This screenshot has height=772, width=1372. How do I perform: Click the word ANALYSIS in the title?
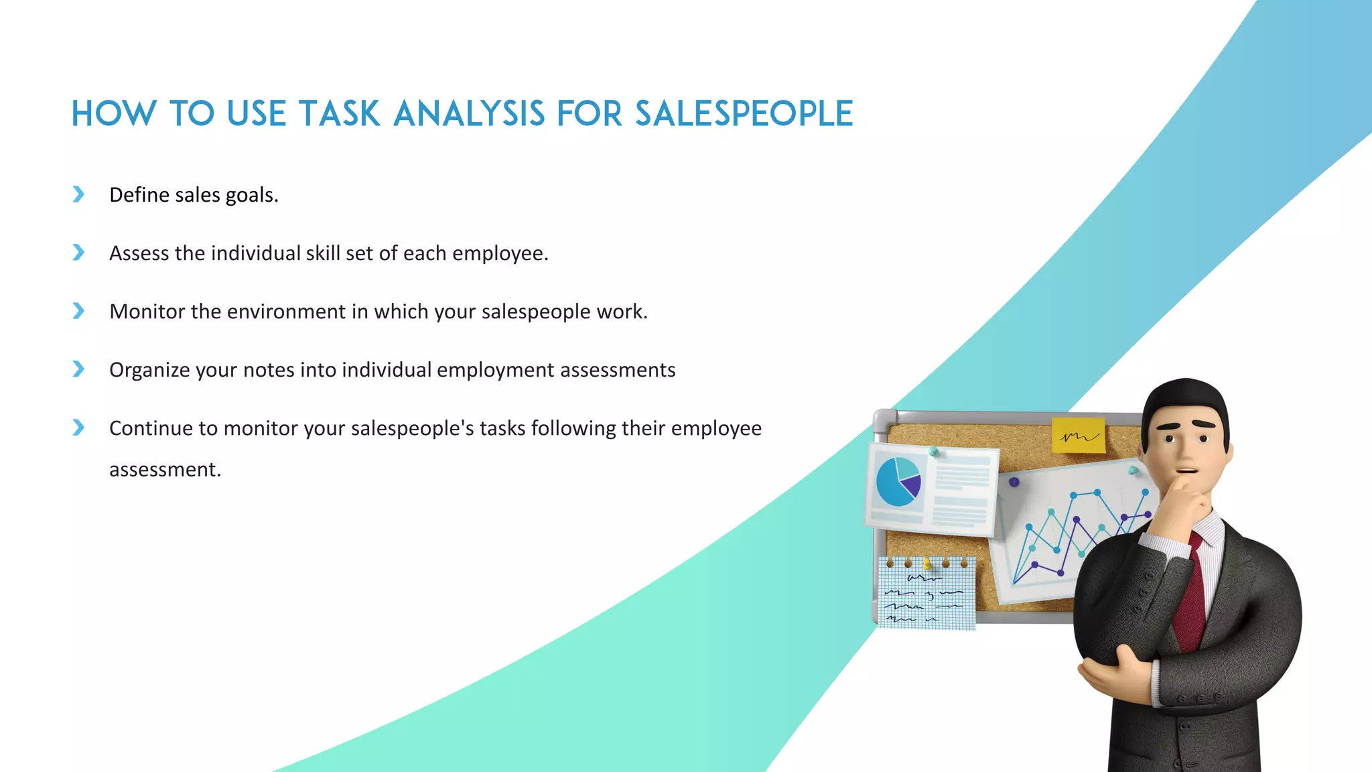(469, 113)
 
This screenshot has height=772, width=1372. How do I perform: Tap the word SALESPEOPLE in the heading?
(744, 113)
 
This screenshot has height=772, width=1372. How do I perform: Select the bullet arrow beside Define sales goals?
(78, 194)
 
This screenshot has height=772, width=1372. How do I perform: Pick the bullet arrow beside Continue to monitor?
(78, 428)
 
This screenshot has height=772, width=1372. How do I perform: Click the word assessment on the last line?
(165, 470)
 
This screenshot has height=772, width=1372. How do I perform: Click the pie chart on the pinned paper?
(898, 481)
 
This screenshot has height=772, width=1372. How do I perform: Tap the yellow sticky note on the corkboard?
(1078, 436)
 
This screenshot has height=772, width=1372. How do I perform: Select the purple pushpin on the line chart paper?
(1014, 482)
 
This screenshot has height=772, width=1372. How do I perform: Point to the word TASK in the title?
(340, 113)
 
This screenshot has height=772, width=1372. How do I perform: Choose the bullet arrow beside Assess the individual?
(78, 253)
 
